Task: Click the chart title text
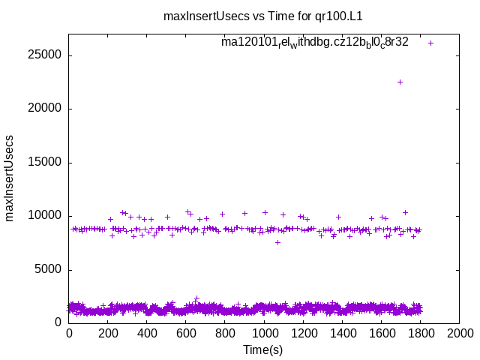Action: coord(268,16)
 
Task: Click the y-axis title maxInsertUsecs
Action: coord(10,178)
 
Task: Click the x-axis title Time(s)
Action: coord(263,349)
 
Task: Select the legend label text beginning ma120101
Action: coord(315,42)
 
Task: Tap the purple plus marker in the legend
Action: coord(430,43)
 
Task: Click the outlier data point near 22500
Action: coord(400,82)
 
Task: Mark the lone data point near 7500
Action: coord(277,242)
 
